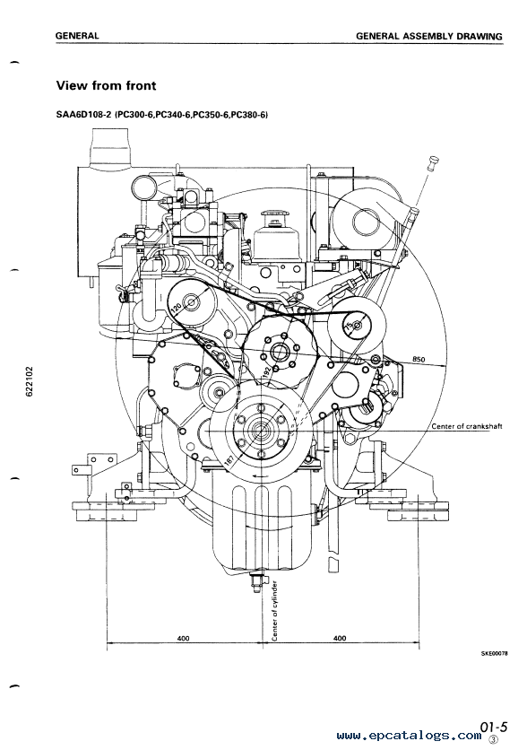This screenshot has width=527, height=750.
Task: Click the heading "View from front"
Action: coord(106,85)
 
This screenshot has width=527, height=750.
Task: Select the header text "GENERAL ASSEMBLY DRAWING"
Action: coord(429,36)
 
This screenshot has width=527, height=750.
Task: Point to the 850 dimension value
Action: coord(418,359)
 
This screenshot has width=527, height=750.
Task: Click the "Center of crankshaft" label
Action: coord(466,426)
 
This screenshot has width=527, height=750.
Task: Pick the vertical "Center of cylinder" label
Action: coord(275,611)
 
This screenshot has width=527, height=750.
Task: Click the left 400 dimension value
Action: coord(183,638)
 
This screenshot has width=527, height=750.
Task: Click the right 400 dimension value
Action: coord(340,638)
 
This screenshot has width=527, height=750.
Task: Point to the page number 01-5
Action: coord(494,728)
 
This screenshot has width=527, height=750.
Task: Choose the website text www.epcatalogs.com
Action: coord(409,736)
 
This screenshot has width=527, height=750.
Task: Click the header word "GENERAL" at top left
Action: coord(77,35)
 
